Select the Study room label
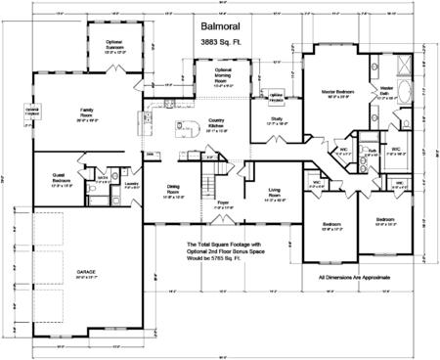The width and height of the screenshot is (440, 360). point(277,120)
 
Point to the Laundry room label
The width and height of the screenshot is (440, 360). point(130,186)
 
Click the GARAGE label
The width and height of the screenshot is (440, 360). point(75,273)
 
